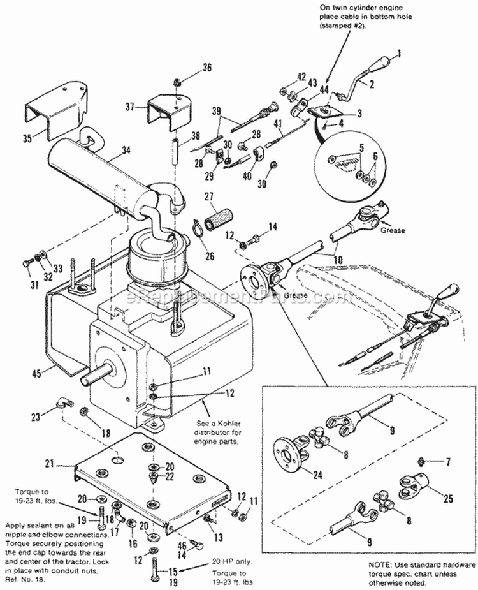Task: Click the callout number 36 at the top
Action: point(207,69)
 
